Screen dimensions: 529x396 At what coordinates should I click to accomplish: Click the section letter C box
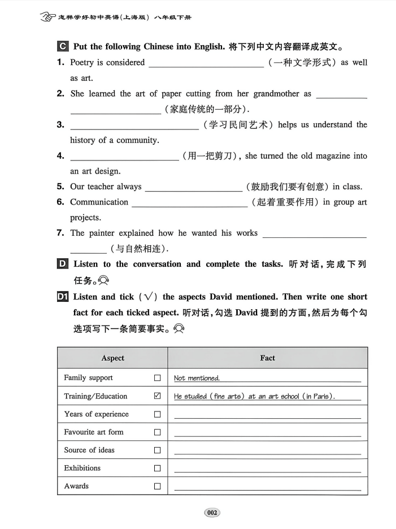pos(63,46)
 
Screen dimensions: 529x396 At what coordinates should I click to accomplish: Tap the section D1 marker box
pos(63,297)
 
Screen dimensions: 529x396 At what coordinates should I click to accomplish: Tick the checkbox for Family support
pos(157,378)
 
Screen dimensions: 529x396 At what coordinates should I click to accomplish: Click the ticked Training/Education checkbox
pos(157,396)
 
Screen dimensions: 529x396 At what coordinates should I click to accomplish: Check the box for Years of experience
pos(157,414)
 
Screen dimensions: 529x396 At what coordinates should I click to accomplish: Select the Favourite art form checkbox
pos(157,432)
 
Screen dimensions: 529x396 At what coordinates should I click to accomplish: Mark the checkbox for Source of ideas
pos(157,450)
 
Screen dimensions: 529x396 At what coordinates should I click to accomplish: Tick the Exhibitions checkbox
pos(157,469)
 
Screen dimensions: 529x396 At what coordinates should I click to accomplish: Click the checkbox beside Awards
pos(157,486)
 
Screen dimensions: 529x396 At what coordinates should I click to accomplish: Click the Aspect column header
pos(112,358)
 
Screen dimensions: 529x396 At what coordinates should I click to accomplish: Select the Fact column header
pos(268,358)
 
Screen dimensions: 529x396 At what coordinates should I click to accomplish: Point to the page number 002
pos(212,513)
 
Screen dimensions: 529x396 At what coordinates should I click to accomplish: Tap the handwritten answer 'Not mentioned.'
pos(197,379)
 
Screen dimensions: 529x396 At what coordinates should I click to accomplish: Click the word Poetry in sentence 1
pos(83,63)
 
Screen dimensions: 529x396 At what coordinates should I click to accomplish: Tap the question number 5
pos(60,187)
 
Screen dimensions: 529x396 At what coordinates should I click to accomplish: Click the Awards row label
pos(76,486)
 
